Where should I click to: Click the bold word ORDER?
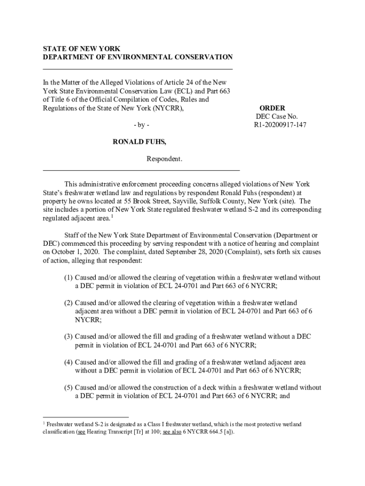pyautogui.click(x=272, y=108)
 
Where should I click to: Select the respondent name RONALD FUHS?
pyautogui.click(x=139, y=142)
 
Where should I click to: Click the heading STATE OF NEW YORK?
pyautogui.click(x=82, y=49)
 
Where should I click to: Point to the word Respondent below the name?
pyautogui.click(x=164, y=159)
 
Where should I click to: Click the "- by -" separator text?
pyautogui.click(x=141, y=125)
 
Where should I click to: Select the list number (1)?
pyautogui.click(x=69, y=278)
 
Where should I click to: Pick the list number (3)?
pyautogui.click(x=69, y=336)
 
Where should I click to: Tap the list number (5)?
pyautogui.click(x=69, y=388)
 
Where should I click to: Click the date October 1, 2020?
pyautogui.click(x=73, y=252)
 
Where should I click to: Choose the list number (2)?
pyautogui.click(x=69, y=303)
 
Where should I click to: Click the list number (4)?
pyautogui.click(x=69, y=362)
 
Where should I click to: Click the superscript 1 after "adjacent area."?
pyautogui.click(x=112, y=216)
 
